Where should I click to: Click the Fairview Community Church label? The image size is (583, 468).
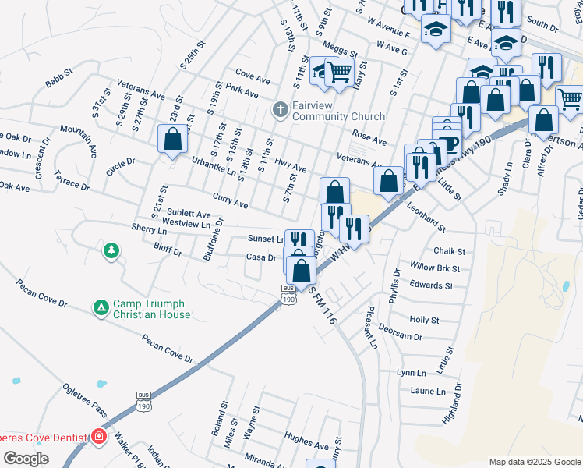[338, 111]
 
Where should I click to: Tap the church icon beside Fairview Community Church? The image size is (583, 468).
[280, 110]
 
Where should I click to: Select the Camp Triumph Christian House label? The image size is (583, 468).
[151, 309]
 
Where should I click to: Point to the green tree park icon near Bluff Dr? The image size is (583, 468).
[111, 250]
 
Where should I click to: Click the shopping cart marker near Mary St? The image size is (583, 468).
[339, 73]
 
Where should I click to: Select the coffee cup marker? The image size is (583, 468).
[447, 143]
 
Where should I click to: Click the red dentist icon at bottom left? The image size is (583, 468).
[98, 437]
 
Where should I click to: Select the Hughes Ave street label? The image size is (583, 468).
[303, 438]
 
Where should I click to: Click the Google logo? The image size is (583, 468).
[26, 458]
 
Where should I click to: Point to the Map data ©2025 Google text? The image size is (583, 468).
[535, 462]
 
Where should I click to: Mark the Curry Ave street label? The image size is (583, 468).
[230, 200]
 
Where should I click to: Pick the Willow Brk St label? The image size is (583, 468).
[435, 268]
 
